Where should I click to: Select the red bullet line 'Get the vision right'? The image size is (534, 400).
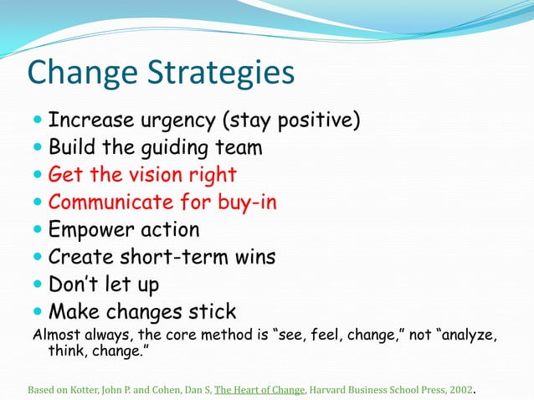(x=142, y=175)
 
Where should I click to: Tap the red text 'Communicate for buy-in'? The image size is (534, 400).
(x=162, y=203)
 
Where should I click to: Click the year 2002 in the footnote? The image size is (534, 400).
(x=459, y=389)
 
